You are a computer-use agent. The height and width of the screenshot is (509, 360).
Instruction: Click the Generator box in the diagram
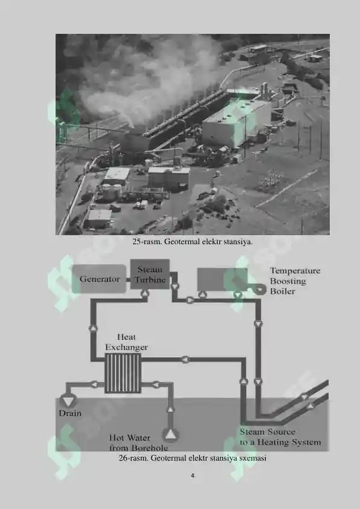[x=99, y=279]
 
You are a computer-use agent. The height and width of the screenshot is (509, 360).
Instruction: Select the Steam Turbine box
[x=150, y=274]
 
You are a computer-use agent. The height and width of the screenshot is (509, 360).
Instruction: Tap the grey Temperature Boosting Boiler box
[x=222, y=279]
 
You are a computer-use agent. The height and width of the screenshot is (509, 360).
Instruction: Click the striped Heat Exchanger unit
[x=123, y=373]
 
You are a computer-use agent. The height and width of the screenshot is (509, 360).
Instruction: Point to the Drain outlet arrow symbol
[x=68, y=401]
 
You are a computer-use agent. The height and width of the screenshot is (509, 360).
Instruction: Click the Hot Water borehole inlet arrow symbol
[x=170, y=435]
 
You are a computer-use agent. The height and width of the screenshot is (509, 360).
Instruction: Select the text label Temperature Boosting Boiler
[x=295, y=280]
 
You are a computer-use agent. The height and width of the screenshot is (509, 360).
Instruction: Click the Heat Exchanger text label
[x=126, y=342]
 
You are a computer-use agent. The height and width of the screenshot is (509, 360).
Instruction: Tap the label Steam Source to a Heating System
[x=280, y=437]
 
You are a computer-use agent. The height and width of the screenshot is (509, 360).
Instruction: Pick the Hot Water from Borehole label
[x=138, y=443]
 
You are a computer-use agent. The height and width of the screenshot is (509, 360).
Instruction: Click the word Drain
[x=70, y=413]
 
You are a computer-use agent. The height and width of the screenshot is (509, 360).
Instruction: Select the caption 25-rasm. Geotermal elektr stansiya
[x=193, y=242]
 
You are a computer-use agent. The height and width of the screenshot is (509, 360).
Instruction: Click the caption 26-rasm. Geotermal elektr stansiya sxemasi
[x=193, y=458]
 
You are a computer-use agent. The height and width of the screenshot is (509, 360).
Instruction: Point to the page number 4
[x=193, y=476]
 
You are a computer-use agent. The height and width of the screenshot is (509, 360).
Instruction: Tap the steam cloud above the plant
[x=140, y=78]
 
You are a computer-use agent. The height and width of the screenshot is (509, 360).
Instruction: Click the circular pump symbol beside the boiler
[x=260, y=289]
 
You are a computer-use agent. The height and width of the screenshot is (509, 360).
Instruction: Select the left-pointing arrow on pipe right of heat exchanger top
[x=185, y=359]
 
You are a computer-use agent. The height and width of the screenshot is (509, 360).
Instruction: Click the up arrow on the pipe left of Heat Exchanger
[x=93, y=328]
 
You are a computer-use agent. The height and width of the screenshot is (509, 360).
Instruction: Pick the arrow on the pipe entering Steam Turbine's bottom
[x=144, y=293]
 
